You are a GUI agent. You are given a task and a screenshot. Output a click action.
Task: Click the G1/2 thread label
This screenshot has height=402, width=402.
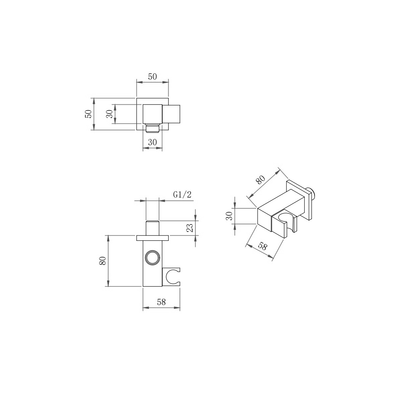(182, 195)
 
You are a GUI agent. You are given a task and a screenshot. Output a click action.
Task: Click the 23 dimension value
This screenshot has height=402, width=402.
(189, 228)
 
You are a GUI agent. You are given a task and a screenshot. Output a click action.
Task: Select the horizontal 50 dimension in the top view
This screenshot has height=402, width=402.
(152, 77)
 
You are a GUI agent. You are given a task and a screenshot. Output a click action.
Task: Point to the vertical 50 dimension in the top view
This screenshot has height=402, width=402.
(88, 114)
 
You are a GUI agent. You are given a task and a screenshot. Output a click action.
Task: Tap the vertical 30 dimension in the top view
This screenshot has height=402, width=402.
(109, 114)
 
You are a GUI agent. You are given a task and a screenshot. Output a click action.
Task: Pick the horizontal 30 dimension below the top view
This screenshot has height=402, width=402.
(152, 142)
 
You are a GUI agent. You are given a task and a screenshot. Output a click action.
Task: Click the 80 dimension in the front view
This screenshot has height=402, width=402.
(103, 261)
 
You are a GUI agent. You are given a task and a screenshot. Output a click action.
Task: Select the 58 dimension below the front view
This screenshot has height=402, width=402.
(161, 302)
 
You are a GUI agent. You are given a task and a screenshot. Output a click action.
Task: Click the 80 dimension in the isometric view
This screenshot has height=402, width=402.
(261, 180)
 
